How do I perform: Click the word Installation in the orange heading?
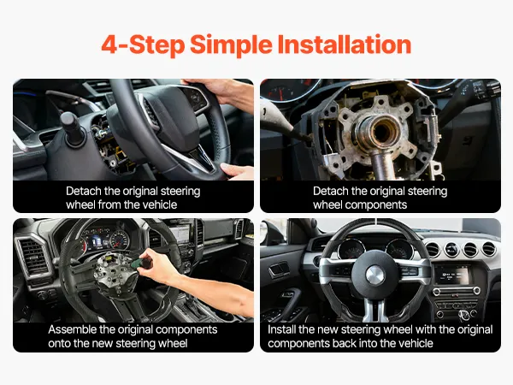(345, 44)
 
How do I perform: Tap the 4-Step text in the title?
(143, 45)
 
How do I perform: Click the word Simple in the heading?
(231, 44)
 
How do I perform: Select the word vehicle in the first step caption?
(160, 204)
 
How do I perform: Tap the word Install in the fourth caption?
(281, 329)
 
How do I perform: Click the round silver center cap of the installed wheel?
(375, 275)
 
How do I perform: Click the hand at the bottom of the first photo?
(237, 171)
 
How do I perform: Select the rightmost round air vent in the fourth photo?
(489, 250)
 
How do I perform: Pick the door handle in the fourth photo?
(279, 270)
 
